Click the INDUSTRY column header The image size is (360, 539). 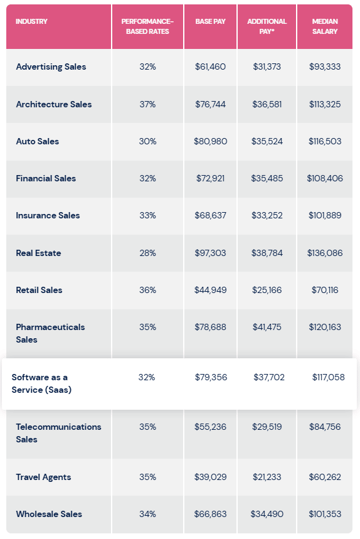(31, 21)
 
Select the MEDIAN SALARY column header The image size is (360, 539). (325, 26)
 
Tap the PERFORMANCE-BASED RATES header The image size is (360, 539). (147, 26)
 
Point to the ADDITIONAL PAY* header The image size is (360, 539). (267, 26)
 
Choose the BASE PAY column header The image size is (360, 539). (210, 21)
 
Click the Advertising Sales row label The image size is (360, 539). (51, 67)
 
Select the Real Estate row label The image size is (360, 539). (38, 253)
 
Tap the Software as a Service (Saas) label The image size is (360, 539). (41, 383)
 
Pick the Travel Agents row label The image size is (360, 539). (43, 477)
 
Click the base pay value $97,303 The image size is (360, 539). (210, 253)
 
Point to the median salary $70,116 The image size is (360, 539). (325, 290)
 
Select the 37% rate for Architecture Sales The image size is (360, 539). (147, 104)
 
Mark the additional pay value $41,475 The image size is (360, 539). (267, 327)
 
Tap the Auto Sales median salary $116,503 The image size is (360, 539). (325, 141)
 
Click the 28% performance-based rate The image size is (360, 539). (147, 253)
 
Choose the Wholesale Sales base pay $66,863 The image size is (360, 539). (210, 514)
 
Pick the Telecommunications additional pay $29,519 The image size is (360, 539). (267, 427)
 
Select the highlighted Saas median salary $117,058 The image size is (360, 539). (328, 377)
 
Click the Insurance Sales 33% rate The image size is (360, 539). (147, 215)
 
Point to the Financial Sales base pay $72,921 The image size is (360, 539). (210, 178)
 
